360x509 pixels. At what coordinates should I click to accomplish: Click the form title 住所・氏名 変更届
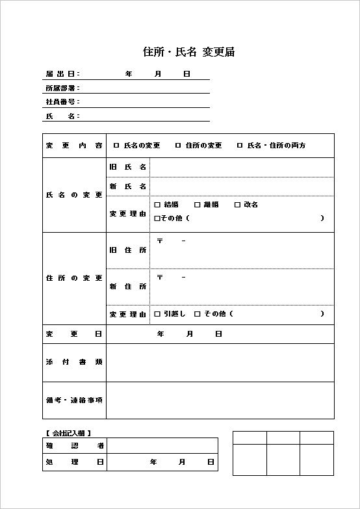point(188,53)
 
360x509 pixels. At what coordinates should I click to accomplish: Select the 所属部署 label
point(62,88)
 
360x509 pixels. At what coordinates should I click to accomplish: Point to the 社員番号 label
point(62,102)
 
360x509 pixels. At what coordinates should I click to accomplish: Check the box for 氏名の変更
point(116,146)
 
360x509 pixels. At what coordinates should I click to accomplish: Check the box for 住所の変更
point(178,146)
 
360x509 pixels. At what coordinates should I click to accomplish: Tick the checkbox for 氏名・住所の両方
point(240,146)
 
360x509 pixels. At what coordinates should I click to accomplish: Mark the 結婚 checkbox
point(157,205)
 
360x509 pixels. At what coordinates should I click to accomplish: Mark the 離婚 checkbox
point(196,205)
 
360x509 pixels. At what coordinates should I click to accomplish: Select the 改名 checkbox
point(237,205)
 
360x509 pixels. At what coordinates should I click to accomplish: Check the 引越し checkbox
point(157,314)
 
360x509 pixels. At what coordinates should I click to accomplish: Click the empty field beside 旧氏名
point(242,168)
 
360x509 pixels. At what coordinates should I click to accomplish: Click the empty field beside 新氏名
point(242,187)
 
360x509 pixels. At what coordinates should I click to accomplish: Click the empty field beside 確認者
point(162,446)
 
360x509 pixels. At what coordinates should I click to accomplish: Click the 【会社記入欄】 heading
point(68,432)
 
